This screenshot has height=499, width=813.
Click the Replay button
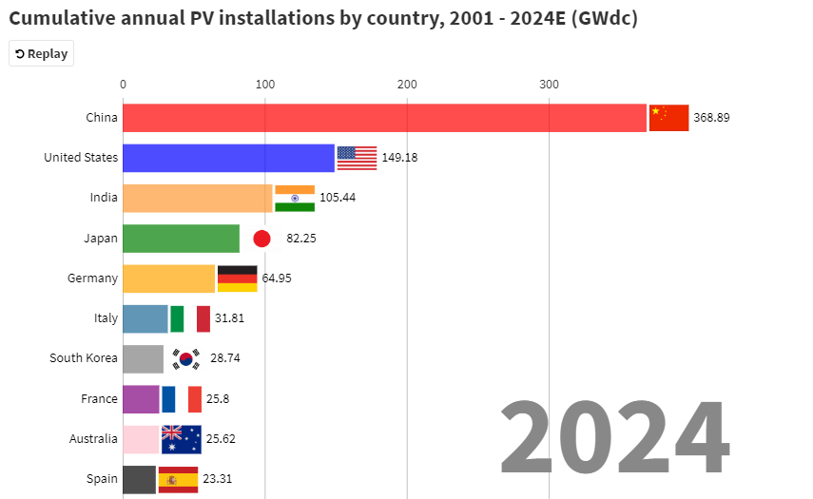click(x=41, y=54)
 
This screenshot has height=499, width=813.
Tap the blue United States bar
click(x=228, y=158)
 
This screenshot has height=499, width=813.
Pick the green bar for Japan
click(x=181, y=238)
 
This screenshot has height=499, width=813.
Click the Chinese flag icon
click(x=668, y=118)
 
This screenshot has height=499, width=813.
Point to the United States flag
click(x=357, y=158)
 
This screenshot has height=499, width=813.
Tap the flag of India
click(x=295, y=198)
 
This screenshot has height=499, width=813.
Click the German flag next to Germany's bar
click(x=237, y=278)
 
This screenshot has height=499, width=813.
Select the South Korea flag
click(x=185, y=358)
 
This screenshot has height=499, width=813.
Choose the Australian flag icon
click(x=181, y=439)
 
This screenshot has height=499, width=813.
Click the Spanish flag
click(x=178, y=479)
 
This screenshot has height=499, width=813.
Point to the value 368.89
click(x=711, y=118)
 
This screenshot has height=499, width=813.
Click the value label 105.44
click(x=337, y=198)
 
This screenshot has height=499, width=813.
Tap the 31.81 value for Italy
click(x=229, y=318)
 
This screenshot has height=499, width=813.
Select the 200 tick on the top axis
click(x=407, y=86)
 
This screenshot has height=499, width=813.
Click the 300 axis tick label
click(x=549, y=86)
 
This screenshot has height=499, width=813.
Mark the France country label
click(x=99, y=399)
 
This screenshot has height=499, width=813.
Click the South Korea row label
click(x=84, y=358)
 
